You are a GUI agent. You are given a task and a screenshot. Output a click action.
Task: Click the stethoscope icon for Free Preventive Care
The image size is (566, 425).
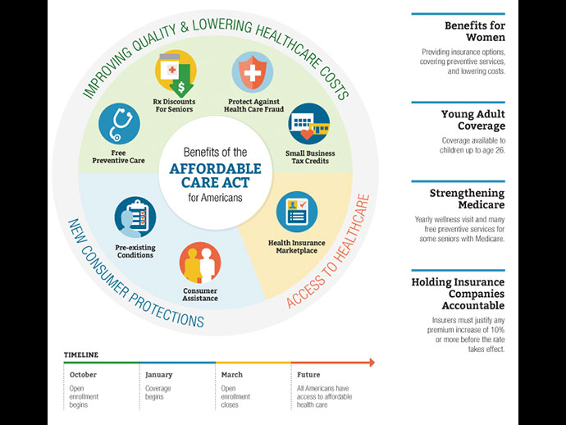coord(119,123)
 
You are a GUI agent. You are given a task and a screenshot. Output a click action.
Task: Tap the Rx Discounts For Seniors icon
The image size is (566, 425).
coord(176,71)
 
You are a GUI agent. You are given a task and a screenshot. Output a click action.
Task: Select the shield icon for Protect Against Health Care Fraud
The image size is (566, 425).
coord(253,71)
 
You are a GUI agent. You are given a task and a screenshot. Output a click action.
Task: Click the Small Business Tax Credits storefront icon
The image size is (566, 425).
coord(308,123)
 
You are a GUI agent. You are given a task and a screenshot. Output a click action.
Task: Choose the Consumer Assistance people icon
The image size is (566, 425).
coord(199,263)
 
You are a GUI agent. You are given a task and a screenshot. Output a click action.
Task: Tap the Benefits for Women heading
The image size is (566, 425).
coord(474,31)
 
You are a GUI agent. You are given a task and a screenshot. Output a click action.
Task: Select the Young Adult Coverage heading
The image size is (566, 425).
coord(472,120)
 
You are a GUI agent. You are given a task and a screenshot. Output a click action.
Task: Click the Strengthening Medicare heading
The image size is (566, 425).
coord(467,199)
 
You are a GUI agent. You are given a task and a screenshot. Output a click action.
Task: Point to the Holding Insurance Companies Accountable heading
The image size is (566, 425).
coord(458,294)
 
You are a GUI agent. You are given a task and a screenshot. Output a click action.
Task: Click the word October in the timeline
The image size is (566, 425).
coord(82,374)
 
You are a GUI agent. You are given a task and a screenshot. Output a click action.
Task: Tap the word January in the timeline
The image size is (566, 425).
coord(158,374)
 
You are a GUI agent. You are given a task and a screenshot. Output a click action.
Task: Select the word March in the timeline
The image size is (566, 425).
coord(231,374)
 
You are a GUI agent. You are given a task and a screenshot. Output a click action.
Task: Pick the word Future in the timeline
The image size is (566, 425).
coord(308,374)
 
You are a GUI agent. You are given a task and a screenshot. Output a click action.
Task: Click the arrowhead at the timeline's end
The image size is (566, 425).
coord(371,362)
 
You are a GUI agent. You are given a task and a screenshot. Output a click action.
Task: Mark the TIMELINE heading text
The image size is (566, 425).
coord(81,354)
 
